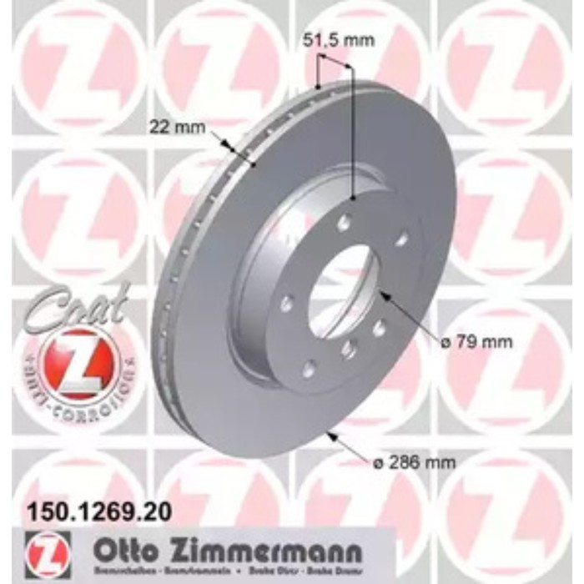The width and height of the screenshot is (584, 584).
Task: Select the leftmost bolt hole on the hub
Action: pyautogui.click(x=286, y=304)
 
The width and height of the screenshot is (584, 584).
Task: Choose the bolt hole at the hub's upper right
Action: pyautogui.click(x=400, y=239)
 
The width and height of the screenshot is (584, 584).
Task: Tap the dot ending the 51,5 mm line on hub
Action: pyautogui.click(x=354, y=198)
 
